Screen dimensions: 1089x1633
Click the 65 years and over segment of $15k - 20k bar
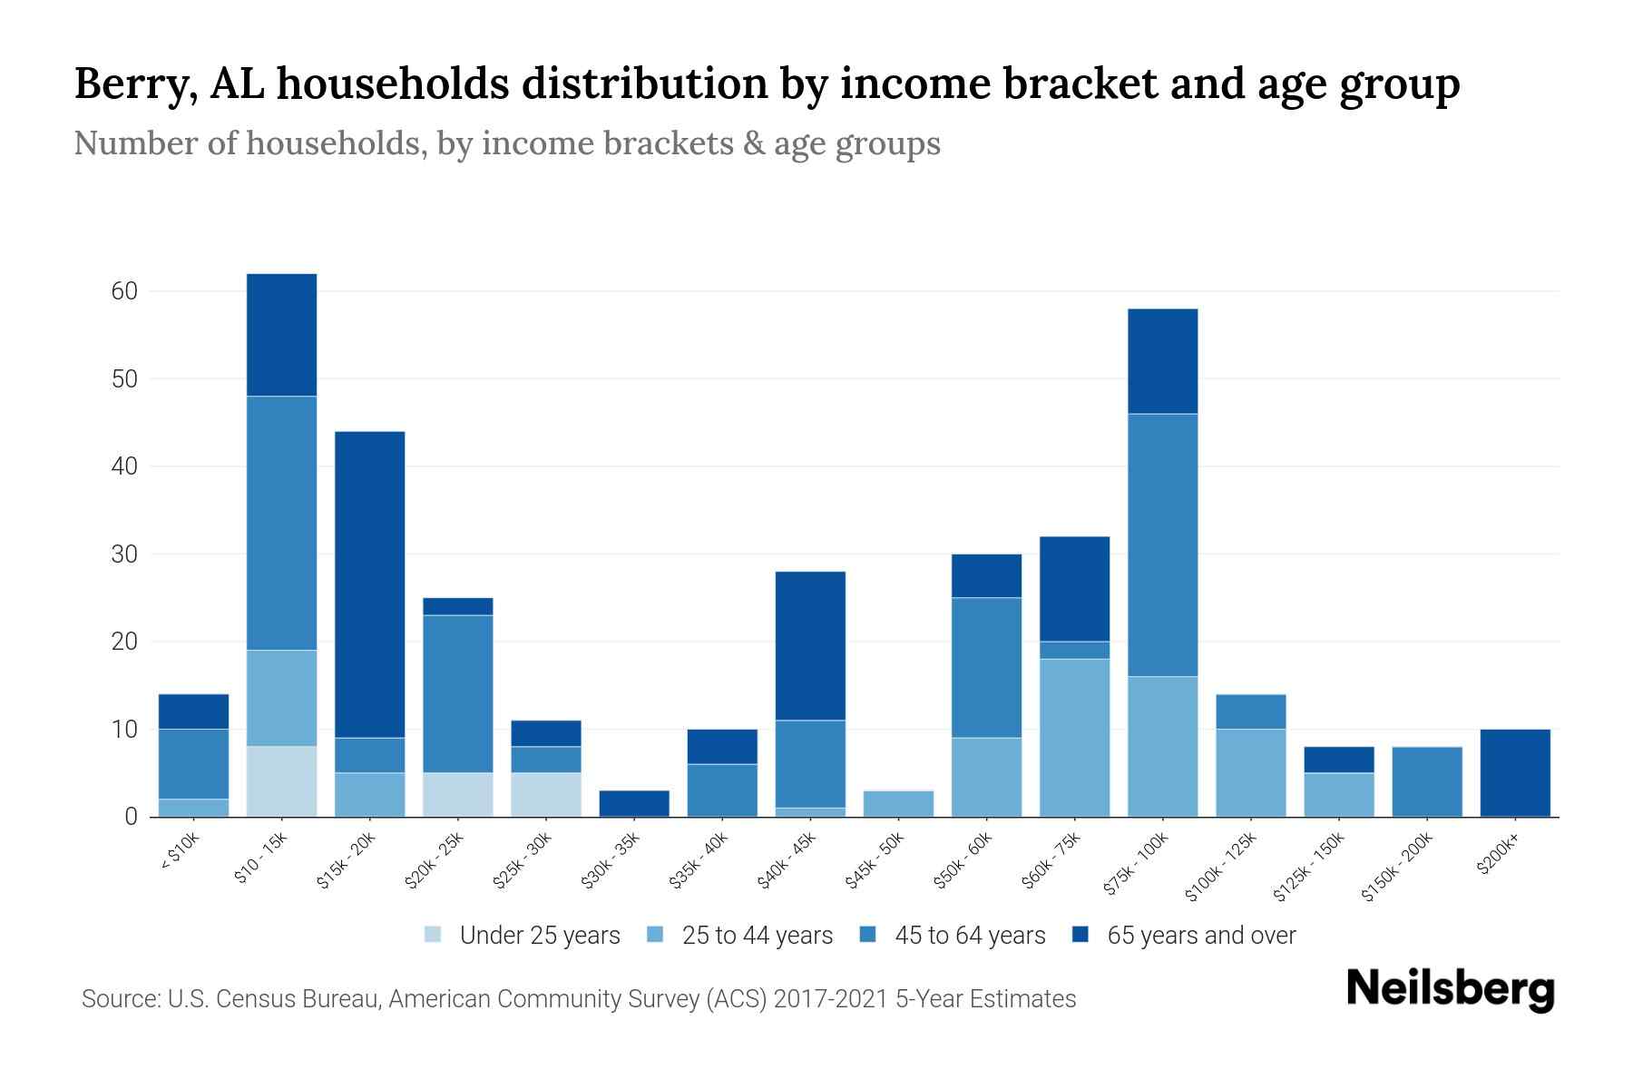click(370, 584)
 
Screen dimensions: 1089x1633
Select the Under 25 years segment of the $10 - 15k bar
click(282, 781)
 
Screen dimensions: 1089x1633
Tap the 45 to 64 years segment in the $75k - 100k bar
click(1163, 544)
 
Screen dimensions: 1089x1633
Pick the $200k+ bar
click(1515, 772)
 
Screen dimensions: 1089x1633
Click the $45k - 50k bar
click(898, 803)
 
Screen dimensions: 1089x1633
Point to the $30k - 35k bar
click(634, 803)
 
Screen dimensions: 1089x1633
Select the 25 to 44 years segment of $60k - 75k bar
click(1075, 738)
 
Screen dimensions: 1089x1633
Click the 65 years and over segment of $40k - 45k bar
click(810, 645)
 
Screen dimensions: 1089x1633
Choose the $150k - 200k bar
click(1427, 781)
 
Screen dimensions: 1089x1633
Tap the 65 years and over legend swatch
click(1081, 935)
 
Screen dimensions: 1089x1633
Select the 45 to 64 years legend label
click(970, 936)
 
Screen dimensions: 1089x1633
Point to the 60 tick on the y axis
click(124, 291)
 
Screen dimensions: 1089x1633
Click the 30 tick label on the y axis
click(124, 554)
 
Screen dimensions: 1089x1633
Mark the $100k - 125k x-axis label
click(1221, 867)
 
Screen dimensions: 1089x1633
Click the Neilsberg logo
click(1450, 989)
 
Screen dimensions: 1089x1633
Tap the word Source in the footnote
click(118, 999)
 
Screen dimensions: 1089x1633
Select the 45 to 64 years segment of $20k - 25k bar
click(458, 693)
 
